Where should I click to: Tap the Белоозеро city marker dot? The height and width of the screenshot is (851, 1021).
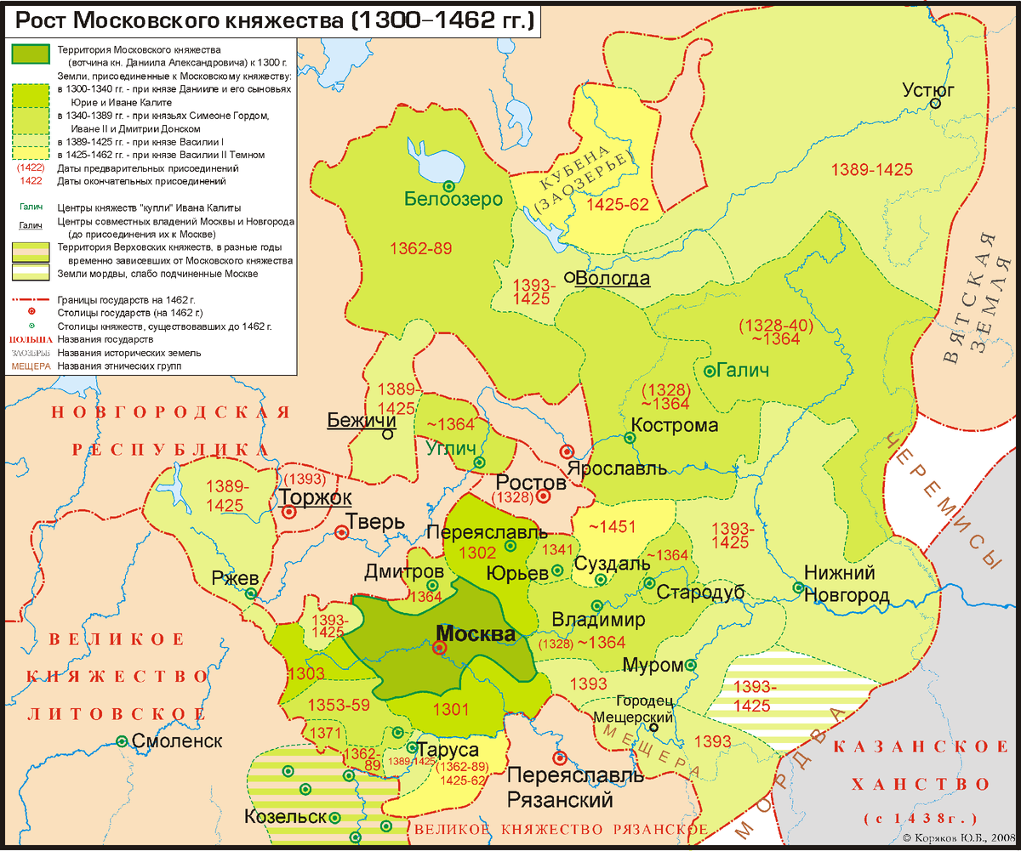click(448, 185)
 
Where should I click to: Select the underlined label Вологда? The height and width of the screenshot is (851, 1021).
click(613, 279)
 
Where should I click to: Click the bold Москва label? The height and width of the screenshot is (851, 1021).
click(475, 634)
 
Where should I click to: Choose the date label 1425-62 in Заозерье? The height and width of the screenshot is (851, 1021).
click(594, 205)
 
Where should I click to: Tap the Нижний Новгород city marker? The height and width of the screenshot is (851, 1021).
click(798, 587)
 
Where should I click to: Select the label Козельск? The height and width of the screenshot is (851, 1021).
click(285, 817)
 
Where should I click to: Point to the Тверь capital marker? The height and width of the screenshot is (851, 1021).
click(341, 533)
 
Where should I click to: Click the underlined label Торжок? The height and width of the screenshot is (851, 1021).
click(311, 497)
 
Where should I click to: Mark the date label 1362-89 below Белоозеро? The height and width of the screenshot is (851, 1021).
click(420, 248)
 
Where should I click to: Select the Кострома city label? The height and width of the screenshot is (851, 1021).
click(675, 425)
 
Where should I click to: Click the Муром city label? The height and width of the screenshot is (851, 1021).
click(653, 665)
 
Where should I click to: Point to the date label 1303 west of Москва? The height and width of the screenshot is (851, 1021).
click(306, 674)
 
